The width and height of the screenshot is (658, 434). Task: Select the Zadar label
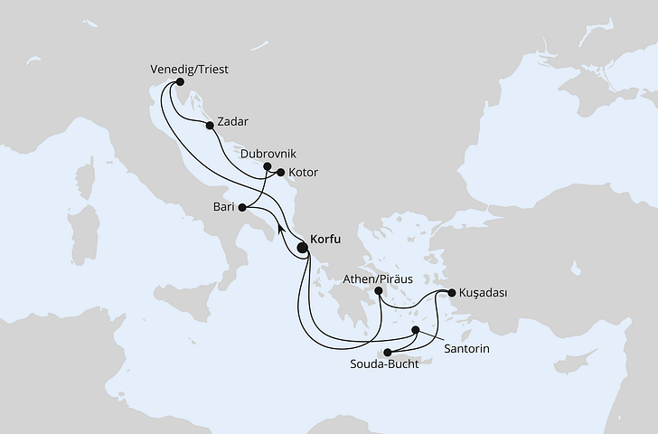pyautogui.click(x=232, y=121)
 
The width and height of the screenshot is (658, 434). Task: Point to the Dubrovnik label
pyautogui.click(x=268, y=154)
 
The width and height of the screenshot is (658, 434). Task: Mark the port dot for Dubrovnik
pyautogui.click(x=267, y=166)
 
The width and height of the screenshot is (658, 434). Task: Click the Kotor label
pyautogui.click(x=303, y=172)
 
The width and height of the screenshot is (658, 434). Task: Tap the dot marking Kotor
pyautogui.click(x=280, y=173)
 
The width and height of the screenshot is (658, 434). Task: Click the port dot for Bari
pyautogui.click(x=241, y=207)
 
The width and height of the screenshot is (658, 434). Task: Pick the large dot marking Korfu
pyautogui.click(x=302, y=243)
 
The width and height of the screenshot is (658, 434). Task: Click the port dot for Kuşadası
pyautogui.click(x=452, y=292)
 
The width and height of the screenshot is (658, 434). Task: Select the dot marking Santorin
pyautogui.click(x=416, y=331)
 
